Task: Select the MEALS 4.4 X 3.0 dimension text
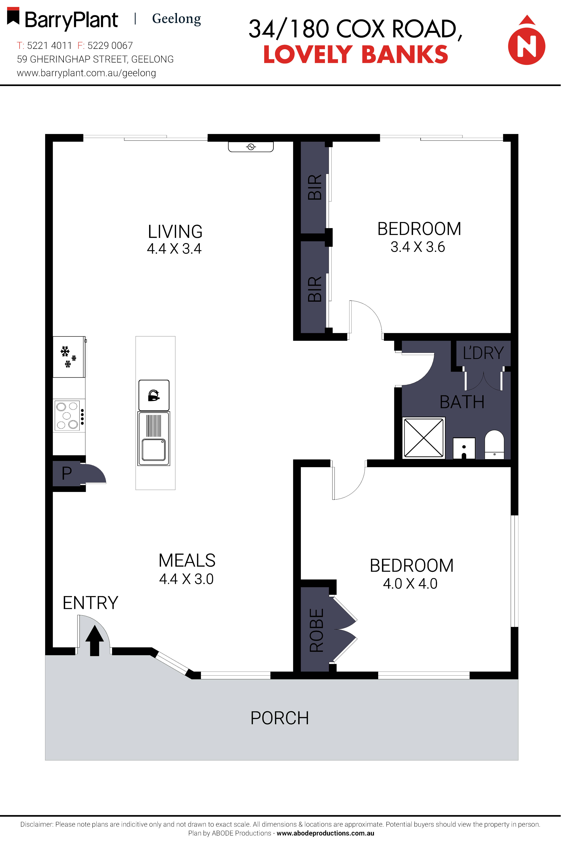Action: pyautogui.click(x=186, y=579)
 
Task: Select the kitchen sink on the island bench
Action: pyautogui.click(x=154, y=439)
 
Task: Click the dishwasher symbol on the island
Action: pyautogui.click(x=154, y=395)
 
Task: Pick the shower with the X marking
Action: pyautogui.click(x=424, y=438)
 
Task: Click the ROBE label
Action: pyautogui.click(x=316, y=630)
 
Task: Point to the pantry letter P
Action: pyautogui.click(x=67, y=473)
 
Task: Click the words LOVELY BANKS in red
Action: pyautogui.click(x=356, y=55)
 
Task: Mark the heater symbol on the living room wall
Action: pyautogui.click(x=251, y=147)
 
